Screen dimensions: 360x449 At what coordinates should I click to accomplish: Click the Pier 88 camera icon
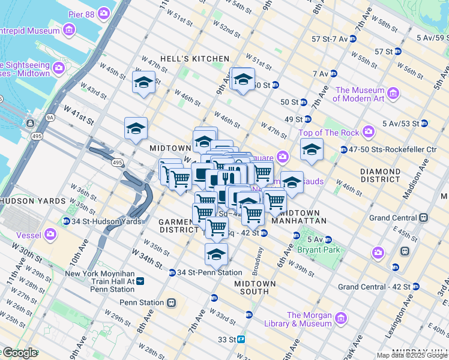tap(104, 13)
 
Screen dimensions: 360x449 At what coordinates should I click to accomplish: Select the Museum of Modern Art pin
tap(393, 93)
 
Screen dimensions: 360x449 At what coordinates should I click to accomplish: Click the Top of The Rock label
tap(328, 133)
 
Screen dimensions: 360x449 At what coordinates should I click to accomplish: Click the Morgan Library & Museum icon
tap(340, 317)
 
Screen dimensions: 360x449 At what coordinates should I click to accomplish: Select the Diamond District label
tap(381, 175)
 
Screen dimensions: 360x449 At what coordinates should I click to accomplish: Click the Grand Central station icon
tap(424, 217)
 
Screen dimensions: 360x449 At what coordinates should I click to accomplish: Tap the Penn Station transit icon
tap(172, 302)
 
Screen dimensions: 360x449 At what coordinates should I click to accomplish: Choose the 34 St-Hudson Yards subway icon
tap(66, 221)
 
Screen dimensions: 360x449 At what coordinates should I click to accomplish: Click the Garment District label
tap(178, 226)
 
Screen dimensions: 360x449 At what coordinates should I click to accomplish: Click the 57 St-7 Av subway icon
tap(353, 38)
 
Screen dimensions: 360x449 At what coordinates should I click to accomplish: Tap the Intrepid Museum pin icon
tap(69, 29)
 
